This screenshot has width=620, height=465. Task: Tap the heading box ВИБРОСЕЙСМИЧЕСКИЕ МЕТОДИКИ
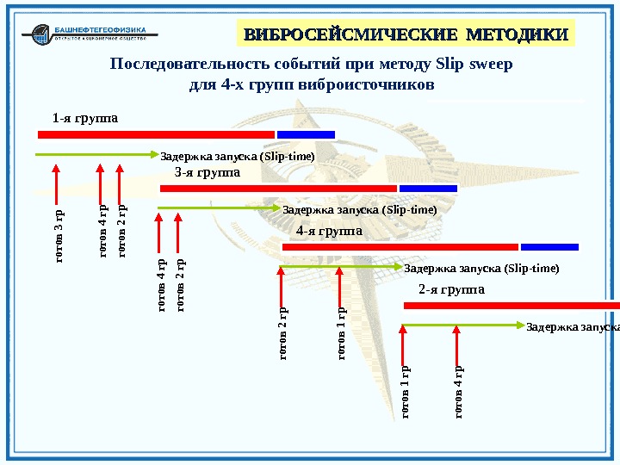406,34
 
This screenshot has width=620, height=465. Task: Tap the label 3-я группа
206,173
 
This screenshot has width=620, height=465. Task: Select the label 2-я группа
451,289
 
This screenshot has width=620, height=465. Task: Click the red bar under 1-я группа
156,134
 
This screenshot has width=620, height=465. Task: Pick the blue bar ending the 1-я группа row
306,134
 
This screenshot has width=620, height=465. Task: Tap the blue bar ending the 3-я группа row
428,188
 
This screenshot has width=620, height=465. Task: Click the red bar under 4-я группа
400,247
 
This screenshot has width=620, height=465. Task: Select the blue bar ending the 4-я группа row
549,247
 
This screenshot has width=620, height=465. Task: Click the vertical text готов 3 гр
59,236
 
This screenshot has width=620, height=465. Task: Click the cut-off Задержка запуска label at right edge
572,327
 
